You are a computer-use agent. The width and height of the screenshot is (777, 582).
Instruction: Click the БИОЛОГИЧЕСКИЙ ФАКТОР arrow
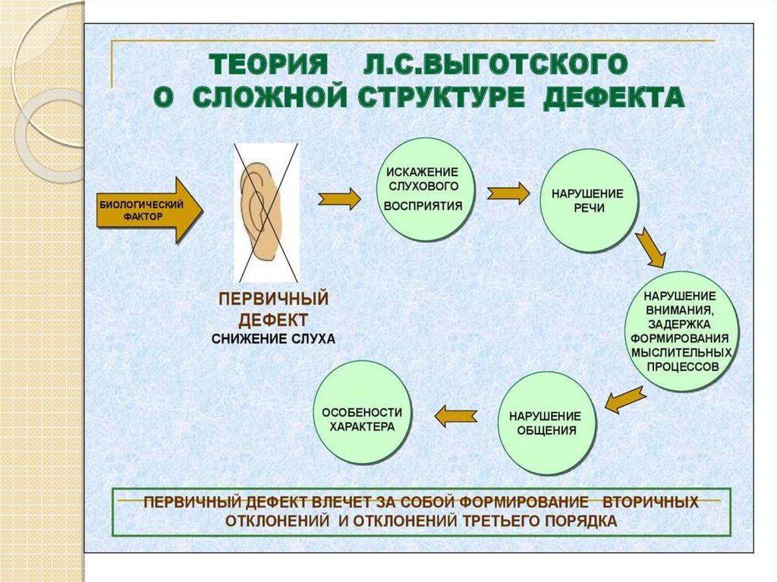coord(149,209)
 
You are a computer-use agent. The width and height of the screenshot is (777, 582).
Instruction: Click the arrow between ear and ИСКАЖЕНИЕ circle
coord(340,199)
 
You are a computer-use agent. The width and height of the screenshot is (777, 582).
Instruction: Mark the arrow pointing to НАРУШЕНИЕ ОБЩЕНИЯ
coord(624,398)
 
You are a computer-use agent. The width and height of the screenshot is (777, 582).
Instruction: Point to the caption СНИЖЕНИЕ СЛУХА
coord(272,338)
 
